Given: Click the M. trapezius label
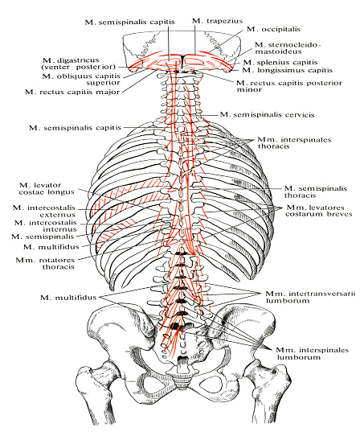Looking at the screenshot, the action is (x=217, y=21).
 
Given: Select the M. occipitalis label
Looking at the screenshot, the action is (x=273, y=29).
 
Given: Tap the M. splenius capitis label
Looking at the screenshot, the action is (x=280, y=62).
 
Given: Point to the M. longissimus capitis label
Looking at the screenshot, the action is (x=288, y=70).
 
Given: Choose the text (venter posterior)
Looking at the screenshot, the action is (x=78, y=67).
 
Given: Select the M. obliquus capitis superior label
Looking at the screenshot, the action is (x=81, y=79).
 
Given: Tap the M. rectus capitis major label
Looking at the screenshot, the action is (x=72, y=92).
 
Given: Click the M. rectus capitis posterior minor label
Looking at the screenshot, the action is (x=289, y=86).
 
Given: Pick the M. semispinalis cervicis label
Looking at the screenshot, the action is (x=267, y=114).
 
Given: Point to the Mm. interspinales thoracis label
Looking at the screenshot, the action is (x=294, y=142).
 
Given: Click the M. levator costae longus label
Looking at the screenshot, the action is (x=47, y=188).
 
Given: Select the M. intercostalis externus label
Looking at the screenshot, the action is (x=44, y=211).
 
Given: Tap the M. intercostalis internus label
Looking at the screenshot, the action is (x=46, y=225).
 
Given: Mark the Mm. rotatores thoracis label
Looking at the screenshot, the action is (x=45, y=263).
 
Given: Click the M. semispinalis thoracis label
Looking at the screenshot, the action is (x=316, y=191).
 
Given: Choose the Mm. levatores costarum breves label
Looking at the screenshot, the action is (x=319, y=211).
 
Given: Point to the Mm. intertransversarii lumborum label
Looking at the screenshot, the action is (x=310, y=297).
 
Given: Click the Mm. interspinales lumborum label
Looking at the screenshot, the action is (x=312, y=353).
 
